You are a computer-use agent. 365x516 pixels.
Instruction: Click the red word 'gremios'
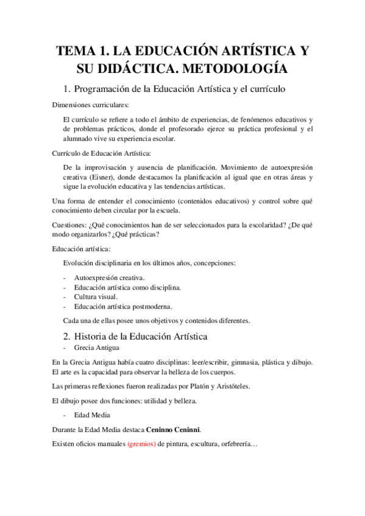141,444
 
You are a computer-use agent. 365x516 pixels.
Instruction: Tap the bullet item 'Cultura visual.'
96,296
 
